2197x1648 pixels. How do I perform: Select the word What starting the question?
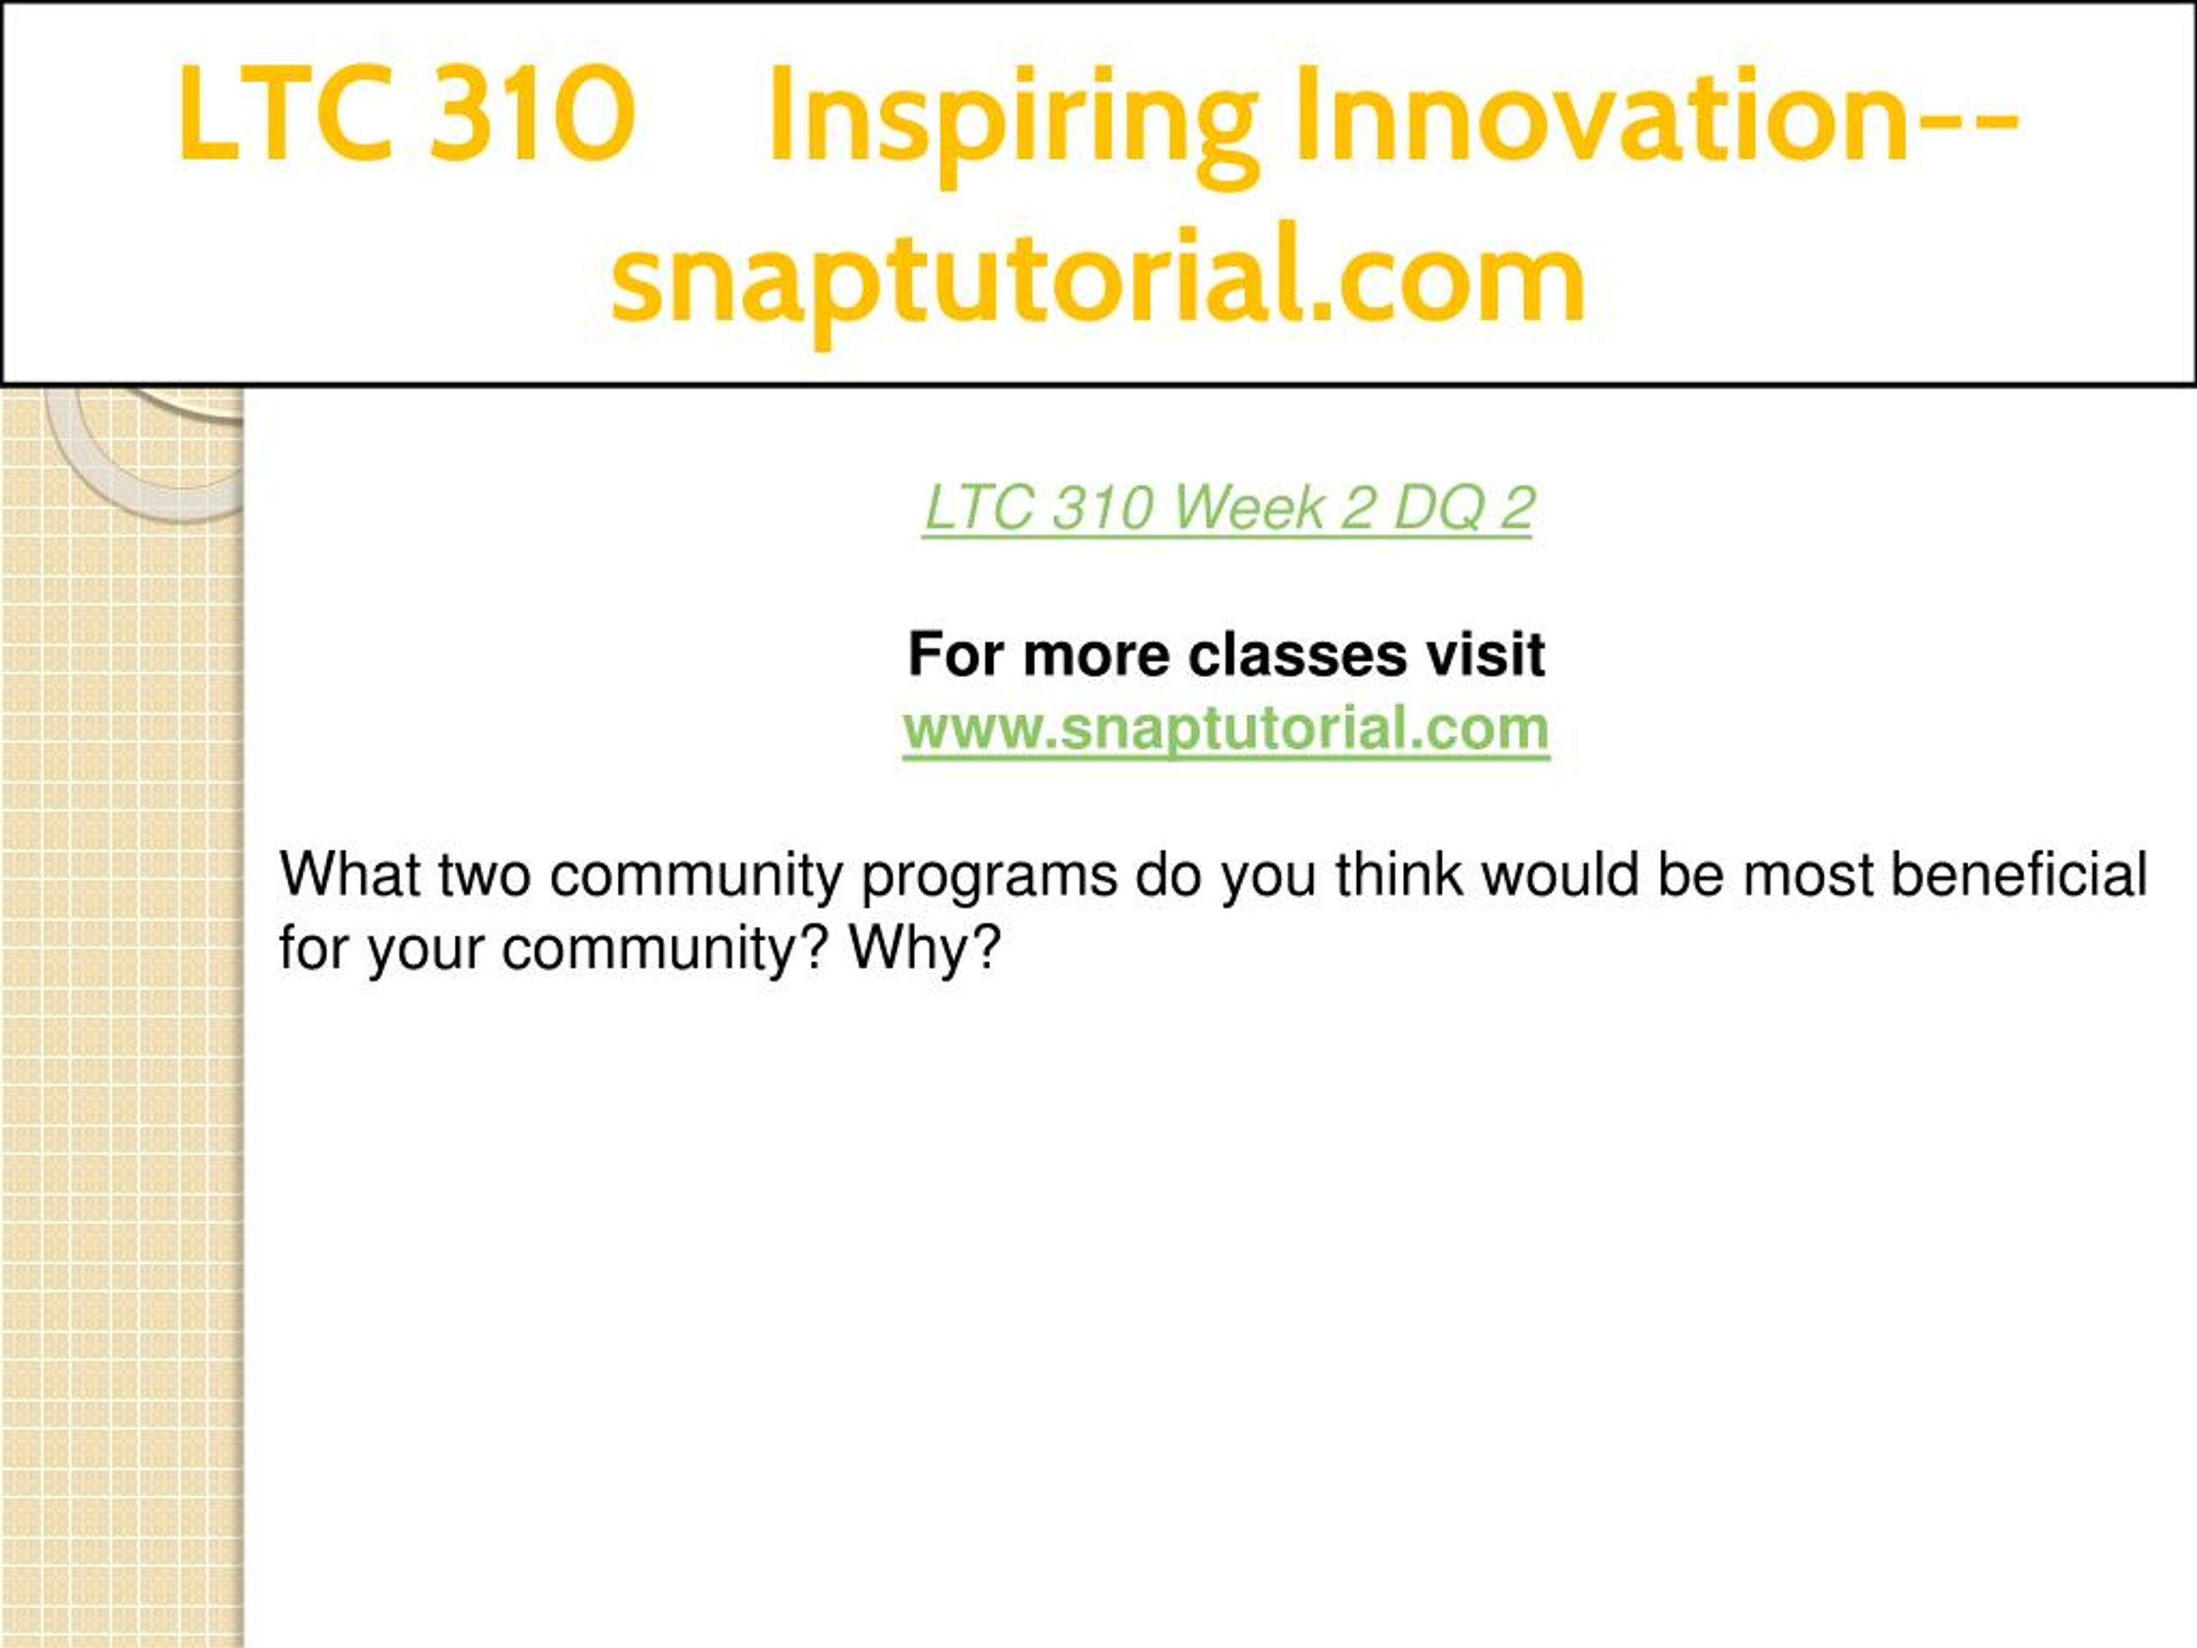coord(351,874)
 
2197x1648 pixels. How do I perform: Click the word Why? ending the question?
coord(924,949)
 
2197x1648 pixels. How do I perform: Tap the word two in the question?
coord(485,876)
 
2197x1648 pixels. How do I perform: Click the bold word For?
coord(957,655)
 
